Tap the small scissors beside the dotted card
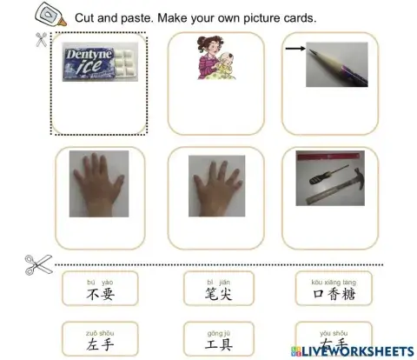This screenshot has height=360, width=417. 41,39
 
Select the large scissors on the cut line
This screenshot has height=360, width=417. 37,263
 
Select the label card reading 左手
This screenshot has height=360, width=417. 100,340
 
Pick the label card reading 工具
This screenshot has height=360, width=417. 218,340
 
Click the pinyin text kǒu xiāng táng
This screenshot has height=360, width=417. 333,282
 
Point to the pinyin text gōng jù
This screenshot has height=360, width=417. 218,331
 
